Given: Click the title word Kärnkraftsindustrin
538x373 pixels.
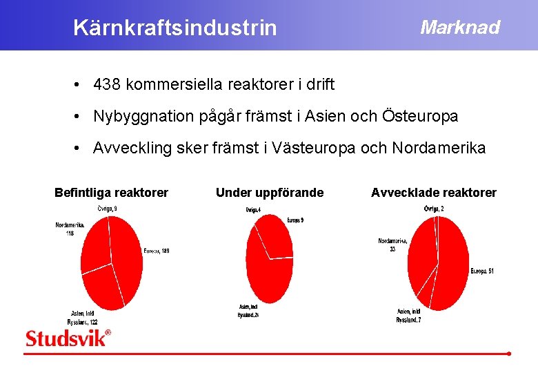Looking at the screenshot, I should click(175, 28).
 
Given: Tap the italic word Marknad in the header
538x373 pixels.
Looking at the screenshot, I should click(459, 28).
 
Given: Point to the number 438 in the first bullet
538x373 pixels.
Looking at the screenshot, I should click(107, 85).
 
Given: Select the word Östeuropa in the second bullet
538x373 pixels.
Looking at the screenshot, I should click(419, 116).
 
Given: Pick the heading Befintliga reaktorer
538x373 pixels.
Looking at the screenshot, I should click(111, 193).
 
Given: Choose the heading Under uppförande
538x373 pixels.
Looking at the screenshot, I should click(269, 193).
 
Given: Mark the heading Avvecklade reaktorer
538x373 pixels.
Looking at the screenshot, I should click(433, 193).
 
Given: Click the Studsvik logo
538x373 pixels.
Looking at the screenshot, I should click(68, 338).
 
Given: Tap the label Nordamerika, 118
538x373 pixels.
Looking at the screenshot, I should click(70, 229).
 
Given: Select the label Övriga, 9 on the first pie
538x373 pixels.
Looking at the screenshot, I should click(107, 209).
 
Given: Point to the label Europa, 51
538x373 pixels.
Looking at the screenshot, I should click(482, 271).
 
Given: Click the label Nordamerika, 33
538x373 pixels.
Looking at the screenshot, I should click(392, 245).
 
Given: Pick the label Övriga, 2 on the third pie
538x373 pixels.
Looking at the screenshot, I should click(433, 209).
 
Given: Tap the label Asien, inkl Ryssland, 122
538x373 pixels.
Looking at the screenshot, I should click(82, 318).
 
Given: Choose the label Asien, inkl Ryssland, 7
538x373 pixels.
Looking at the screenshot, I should click(408, 316).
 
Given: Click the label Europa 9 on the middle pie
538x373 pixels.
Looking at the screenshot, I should click(295, 220).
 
